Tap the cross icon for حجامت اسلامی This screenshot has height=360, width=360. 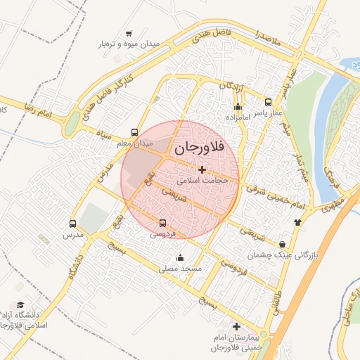coord(202,169)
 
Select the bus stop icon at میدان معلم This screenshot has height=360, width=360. coord(134,132)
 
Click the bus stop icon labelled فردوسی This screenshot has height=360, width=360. coord(163,224)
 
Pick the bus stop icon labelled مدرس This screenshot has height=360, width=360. coord(72,224)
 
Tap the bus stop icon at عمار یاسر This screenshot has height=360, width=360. coord(268,102)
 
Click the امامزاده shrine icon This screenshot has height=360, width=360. coord(238,108)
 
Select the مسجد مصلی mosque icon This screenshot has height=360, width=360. coord(181,257)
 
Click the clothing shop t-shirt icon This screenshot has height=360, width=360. coord(297,222)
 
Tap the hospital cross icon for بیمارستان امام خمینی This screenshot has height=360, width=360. coord(236,327)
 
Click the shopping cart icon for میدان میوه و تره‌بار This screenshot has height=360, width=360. coord(128,33)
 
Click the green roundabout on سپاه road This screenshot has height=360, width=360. coord(72,124)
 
